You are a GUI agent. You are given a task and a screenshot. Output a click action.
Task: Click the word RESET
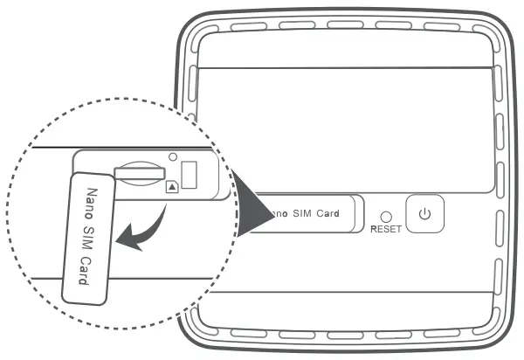385,229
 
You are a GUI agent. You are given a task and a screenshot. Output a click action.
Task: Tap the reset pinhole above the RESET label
385,215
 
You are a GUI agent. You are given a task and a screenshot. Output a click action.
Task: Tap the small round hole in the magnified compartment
173,157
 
